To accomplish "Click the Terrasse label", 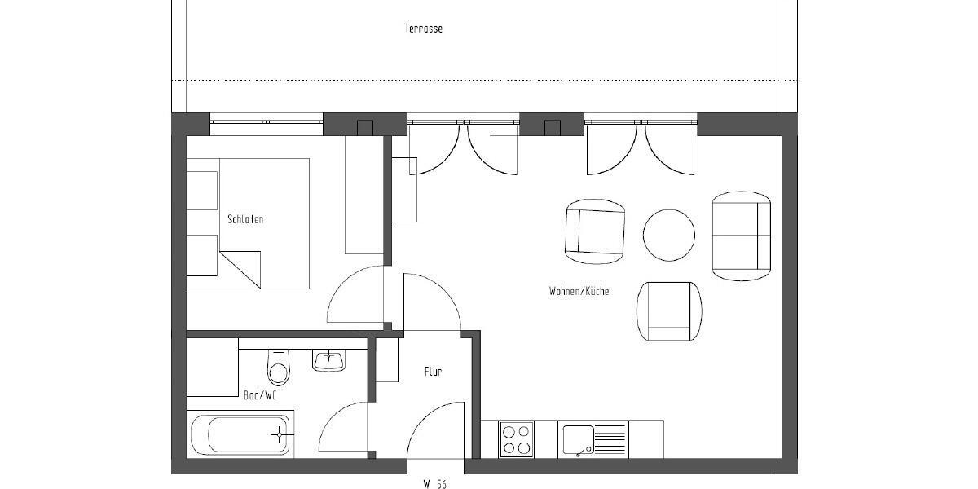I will tap(423, 29).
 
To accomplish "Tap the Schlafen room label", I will tap(245, 219).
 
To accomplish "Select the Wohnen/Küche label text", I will tap(579, 291).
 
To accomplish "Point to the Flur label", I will tap(433, 372).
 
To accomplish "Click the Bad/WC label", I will tap(260, 395).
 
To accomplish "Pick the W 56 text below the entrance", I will tap(434, 483).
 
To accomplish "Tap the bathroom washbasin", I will tap(329, 359).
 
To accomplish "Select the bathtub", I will tap(240, 434).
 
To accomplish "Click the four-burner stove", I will tap(516, 439).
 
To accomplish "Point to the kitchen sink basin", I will tap(579, 439).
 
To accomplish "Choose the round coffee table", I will tap(669, 236).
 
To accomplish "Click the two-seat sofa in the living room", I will tap(741, 236).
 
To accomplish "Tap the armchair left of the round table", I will tap(596, 231).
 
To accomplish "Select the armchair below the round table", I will tap(669, 311).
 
